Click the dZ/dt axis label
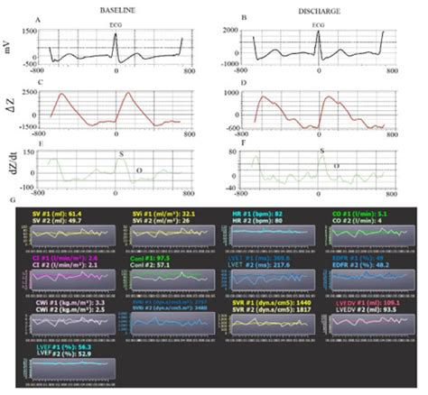click(8, 166)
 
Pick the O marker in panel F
click(336, 166)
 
